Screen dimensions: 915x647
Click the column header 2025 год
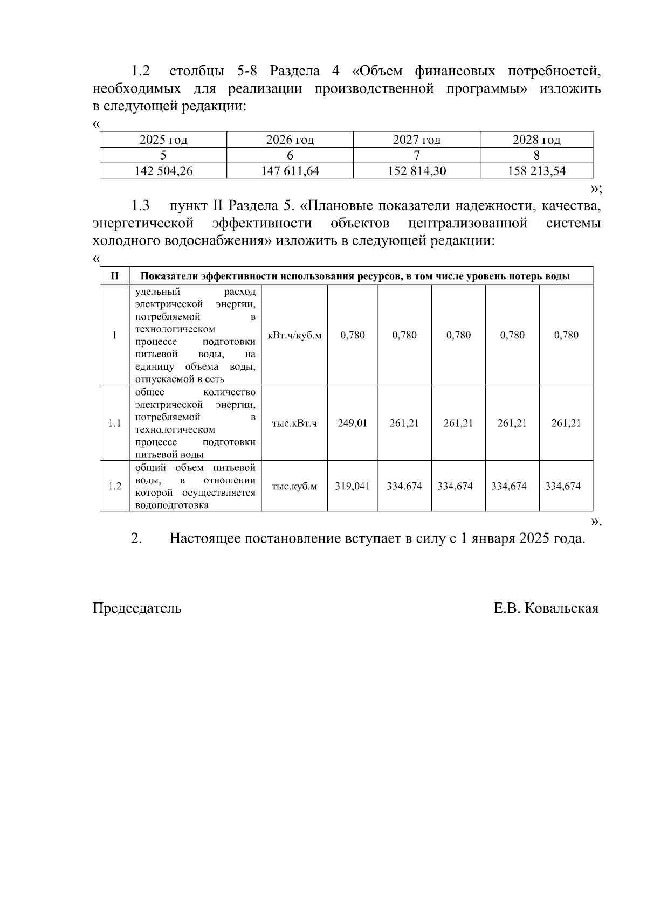point(163,140)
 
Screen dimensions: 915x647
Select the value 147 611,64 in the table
point(290,171)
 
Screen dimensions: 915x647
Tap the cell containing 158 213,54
point(536,171)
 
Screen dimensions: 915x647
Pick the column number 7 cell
point(416,156)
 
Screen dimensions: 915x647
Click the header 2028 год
point(536,140)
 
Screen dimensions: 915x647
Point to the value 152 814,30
point(417,171)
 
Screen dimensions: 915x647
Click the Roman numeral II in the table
point(114,276)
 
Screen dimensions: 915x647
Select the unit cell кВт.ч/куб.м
point(294,335)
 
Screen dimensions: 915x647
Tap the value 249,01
point(352,423)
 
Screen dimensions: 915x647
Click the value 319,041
point(352,486)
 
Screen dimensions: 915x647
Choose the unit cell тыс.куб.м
point(294,486)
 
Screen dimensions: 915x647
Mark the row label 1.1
point(114,423)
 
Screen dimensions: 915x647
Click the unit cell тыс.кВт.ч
point(294,423)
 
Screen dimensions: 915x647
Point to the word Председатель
point(137,608)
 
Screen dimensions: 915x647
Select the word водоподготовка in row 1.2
point(171,505)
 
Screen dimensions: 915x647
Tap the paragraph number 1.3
point(140,206)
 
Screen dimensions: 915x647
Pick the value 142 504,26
point(163,171)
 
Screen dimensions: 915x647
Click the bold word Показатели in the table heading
point(169,276)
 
